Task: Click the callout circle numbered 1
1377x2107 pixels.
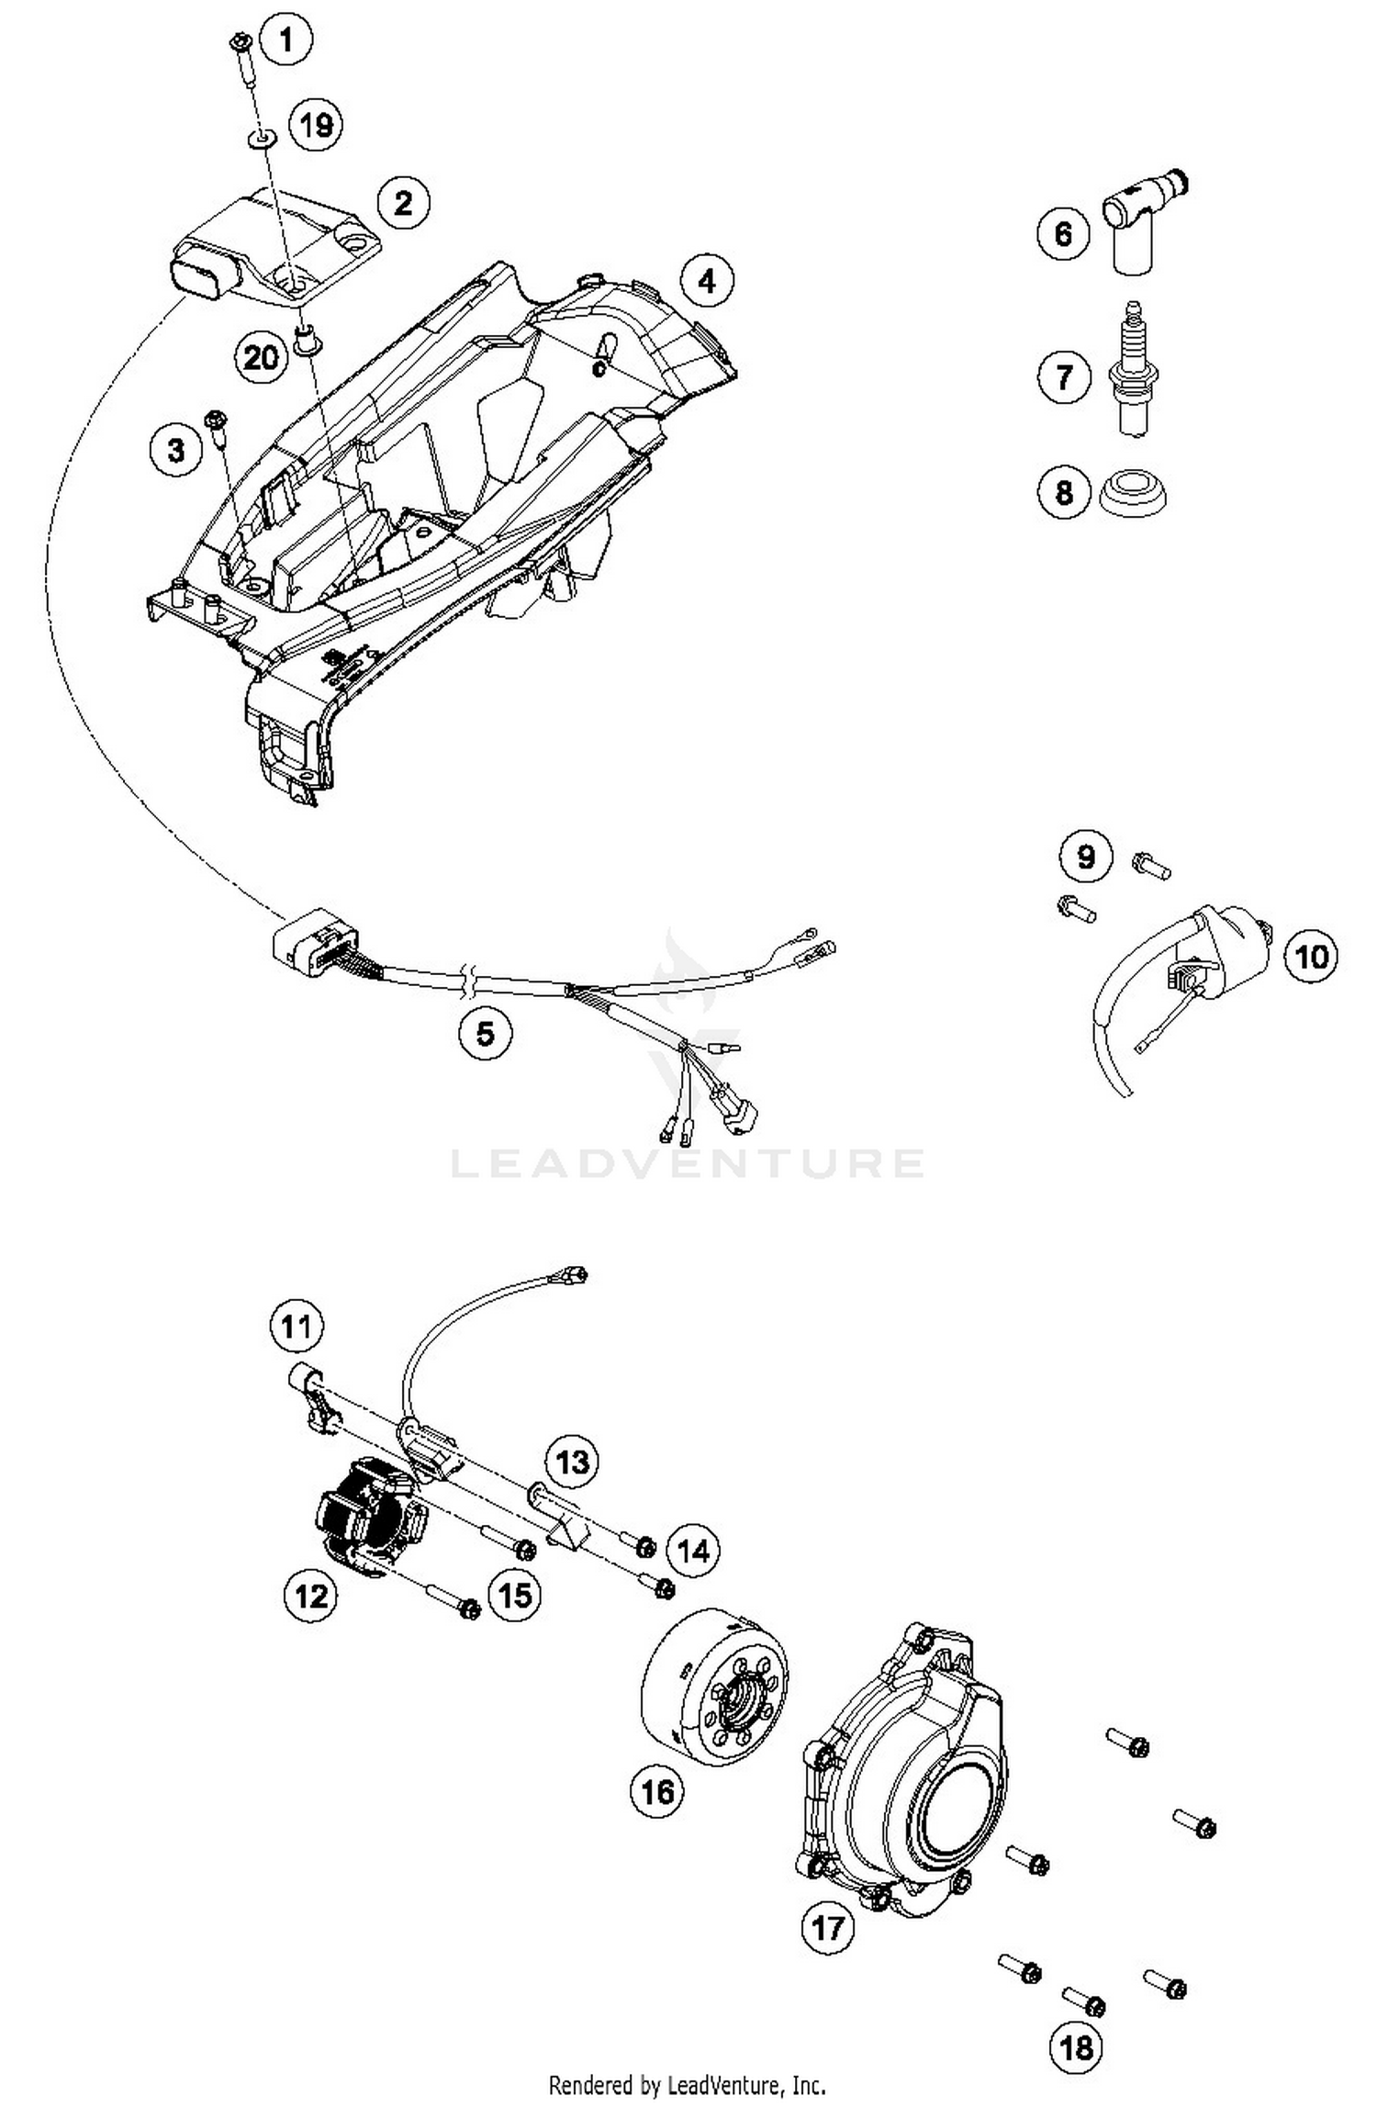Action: (285, 39)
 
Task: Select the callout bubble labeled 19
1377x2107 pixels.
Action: (316, 124)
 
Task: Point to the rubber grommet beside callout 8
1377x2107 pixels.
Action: (1135, 492)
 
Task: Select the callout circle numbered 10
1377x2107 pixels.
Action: (1311, 957)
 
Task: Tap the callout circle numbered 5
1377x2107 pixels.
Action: (485, 1034)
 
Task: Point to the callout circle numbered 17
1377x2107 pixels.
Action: (827, 1927)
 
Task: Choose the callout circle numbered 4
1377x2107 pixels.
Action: (706, 281)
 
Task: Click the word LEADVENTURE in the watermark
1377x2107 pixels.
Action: (687, 1162)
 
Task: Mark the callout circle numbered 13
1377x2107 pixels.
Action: (573, 1461)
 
